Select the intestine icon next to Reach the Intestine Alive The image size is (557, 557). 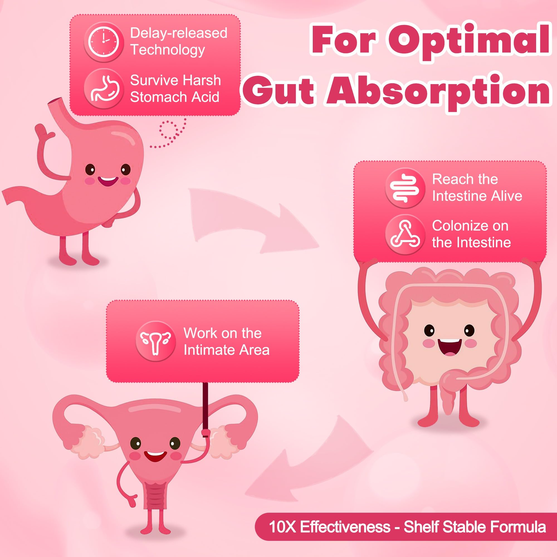coord(405,188)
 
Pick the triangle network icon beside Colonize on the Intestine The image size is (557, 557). coord(405,234)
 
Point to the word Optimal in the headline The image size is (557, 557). coord(472,41)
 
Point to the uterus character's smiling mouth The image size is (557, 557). coord(155,456)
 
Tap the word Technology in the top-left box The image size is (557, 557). coord(167,50)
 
